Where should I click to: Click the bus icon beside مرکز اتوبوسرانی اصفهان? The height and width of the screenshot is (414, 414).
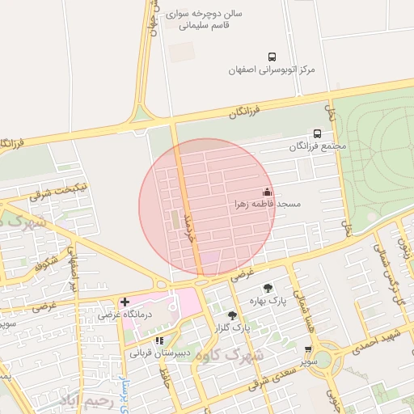click(272, 57)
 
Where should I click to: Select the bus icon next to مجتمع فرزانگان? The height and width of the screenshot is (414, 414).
click(317, 133)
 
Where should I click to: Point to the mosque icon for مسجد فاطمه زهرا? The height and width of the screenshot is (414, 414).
click(267, 192)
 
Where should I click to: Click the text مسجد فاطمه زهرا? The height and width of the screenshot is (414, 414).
click(268, 205)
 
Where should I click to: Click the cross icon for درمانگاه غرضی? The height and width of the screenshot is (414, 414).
click(124, 302)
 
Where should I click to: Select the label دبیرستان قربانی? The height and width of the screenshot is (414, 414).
click(162, 353)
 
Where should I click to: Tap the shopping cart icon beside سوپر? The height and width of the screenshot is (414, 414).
click(308, 349)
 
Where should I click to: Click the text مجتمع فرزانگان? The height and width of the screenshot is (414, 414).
click(317, 146)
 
